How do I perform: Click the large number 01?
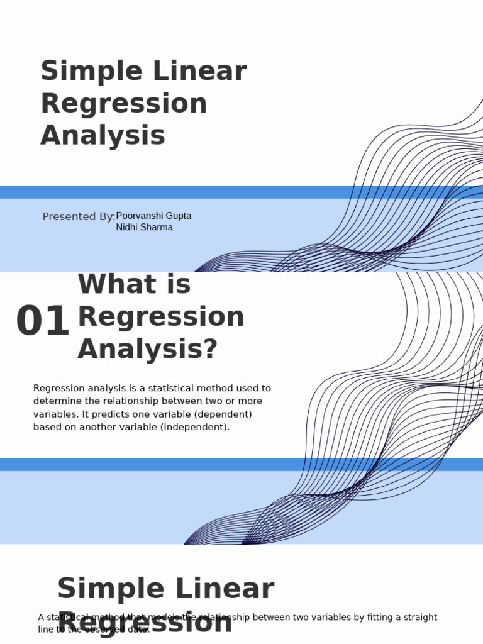tap(42, 321)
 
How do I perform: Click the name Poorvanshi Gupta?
tap(153, 216)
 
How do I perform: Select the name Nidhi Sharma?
tap(144, 227)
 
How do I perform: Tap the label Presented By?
tap(79, 217)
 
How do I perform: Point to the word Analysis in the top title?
tap(103, 135)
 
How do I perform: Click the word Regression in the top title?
tap(123, 104)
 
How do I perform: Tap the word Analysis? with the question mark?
tap(147, 348)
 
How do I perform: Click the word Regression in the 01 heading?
tap(160, 316)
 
